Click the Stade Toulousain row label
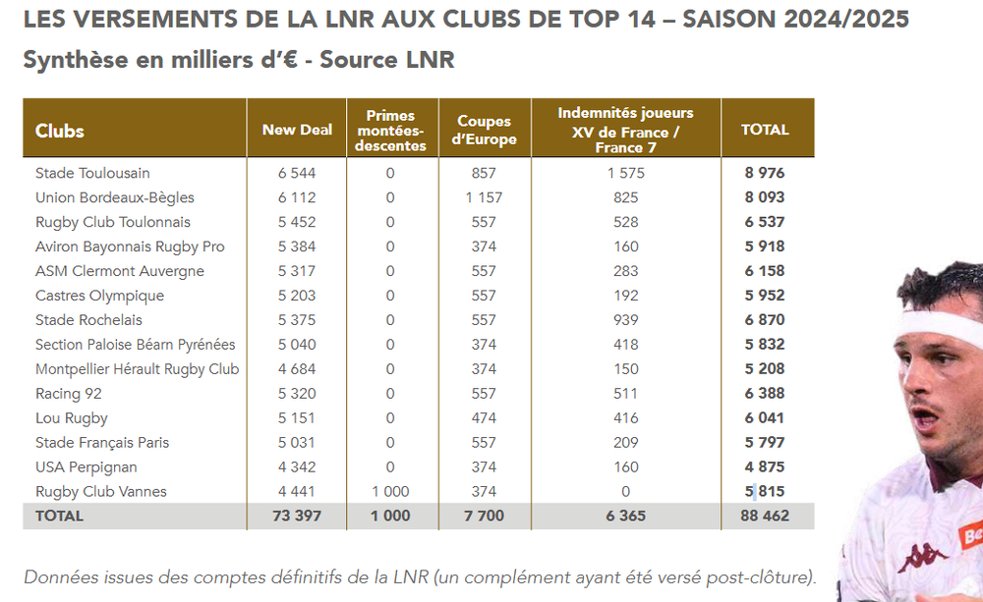[92, 173]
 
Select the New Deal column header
[297, 130]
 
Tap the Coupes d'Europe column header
[484, 130]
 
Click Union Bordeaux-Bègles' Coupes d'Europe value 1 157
[484, 197]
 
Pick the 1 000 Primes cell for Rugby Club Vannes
[390, 492]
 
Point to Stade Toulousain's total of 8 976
[764, 173]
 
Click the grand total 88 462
[764, 517]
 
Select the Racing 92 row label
[69, 394]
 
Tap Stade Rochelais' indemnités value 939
[625, 320]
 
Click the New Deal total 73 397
[297, 517]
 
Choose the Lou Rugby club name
[72, 417]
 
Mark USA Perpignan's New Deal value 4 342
[297, 467]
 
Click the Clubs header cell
[60, 131]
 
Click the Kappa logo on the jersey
[921, 557]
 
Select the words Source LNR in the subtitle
[386, 60]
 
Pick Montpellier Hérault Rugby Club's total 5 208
[764, 369]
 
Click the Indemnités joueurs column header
[625, 130]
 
